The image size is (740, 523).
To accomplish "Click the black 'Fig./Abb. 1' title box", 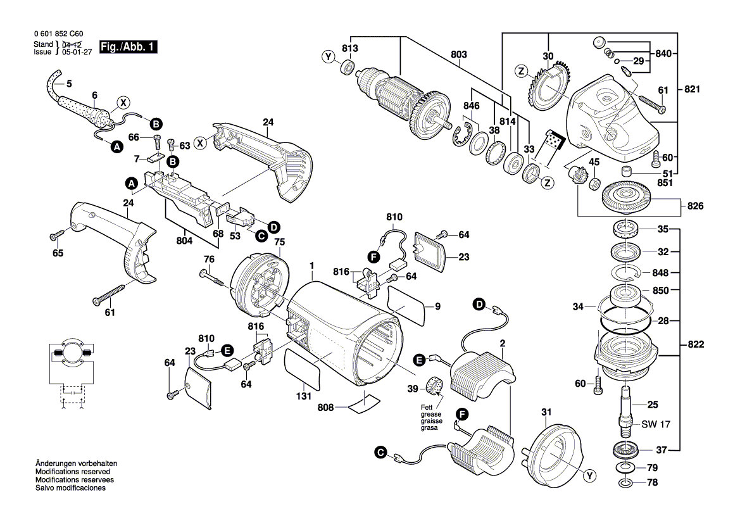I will (x=128, y=47).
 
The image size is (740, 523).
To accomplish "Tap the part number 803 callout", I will (x=458, y=55).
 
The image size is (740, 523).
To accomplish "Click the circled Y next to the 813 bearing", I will (x=329, y=58).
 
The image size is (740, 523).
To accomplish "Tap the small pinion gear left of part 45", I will (x=578, y=175).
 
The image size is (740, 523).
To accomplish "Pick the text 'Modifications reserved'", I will (x=72, y=472).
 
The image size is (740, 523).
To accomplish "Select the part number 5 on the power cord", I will (x=69, y=83).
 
